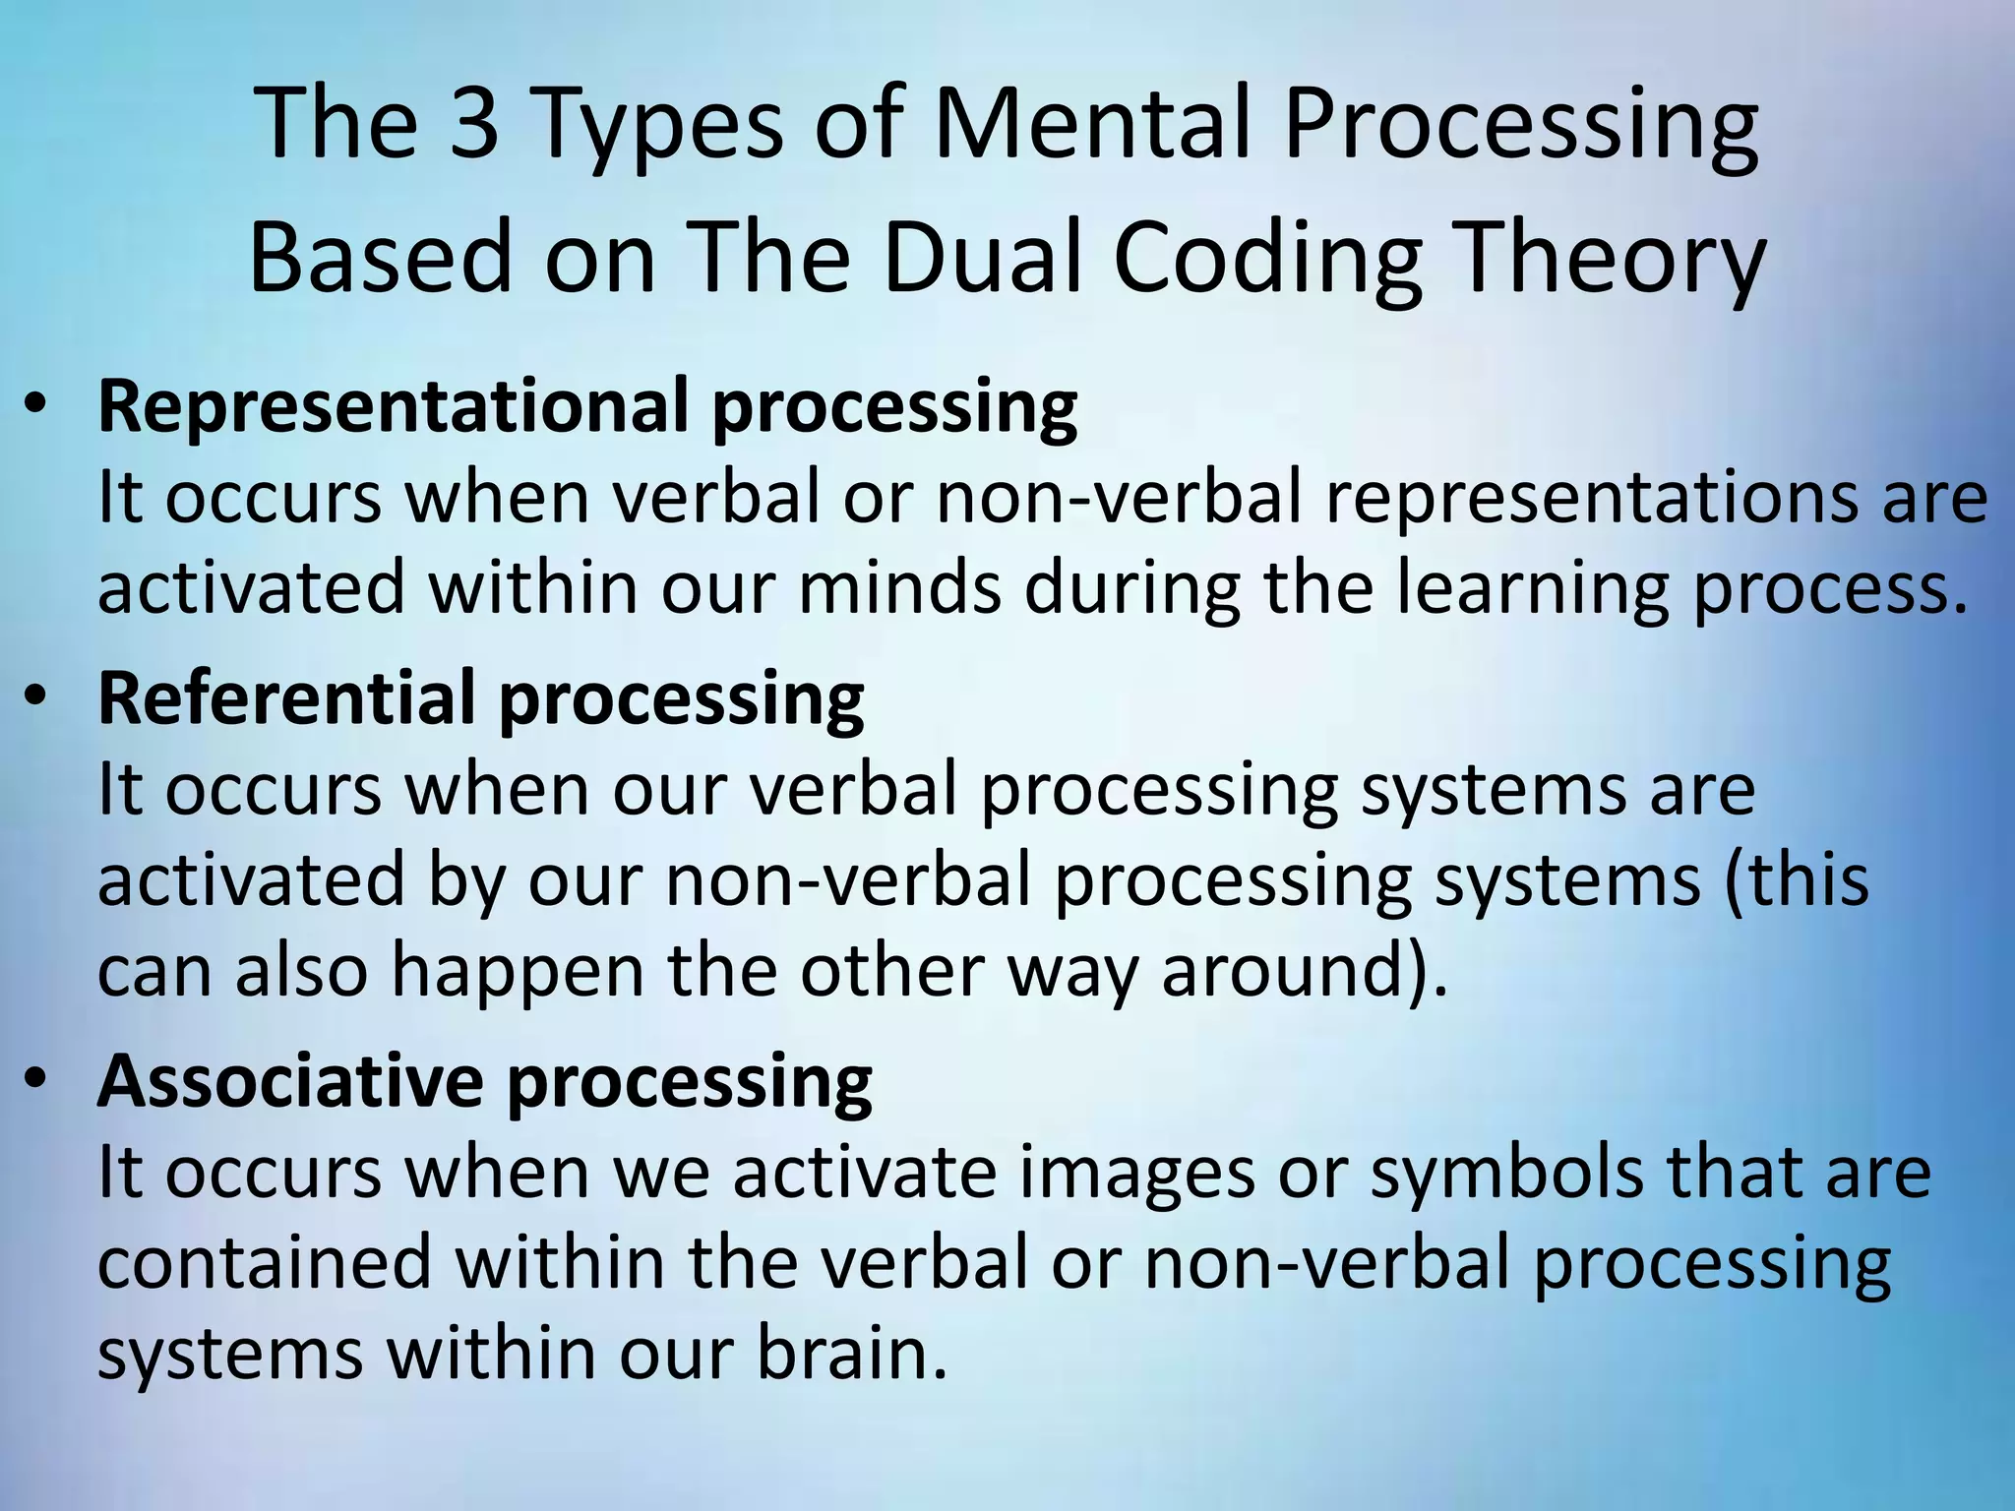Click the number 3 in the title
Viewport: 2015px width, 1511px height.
coord(474,123)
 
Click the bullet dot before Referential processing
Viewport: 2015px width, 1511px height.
coord(36,697)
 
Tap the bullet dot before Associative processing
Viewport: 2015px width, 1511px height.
coord(36,1080)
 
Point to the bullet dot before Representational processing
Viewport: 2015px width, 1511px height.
coord(36,406)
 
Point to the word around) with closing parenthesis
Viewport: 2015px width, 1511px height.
coord(1305,970)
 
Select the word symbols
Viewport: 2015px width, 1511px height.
coord(1506,1173)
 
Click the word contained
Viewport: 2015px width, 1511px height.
coord(265,1263)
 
